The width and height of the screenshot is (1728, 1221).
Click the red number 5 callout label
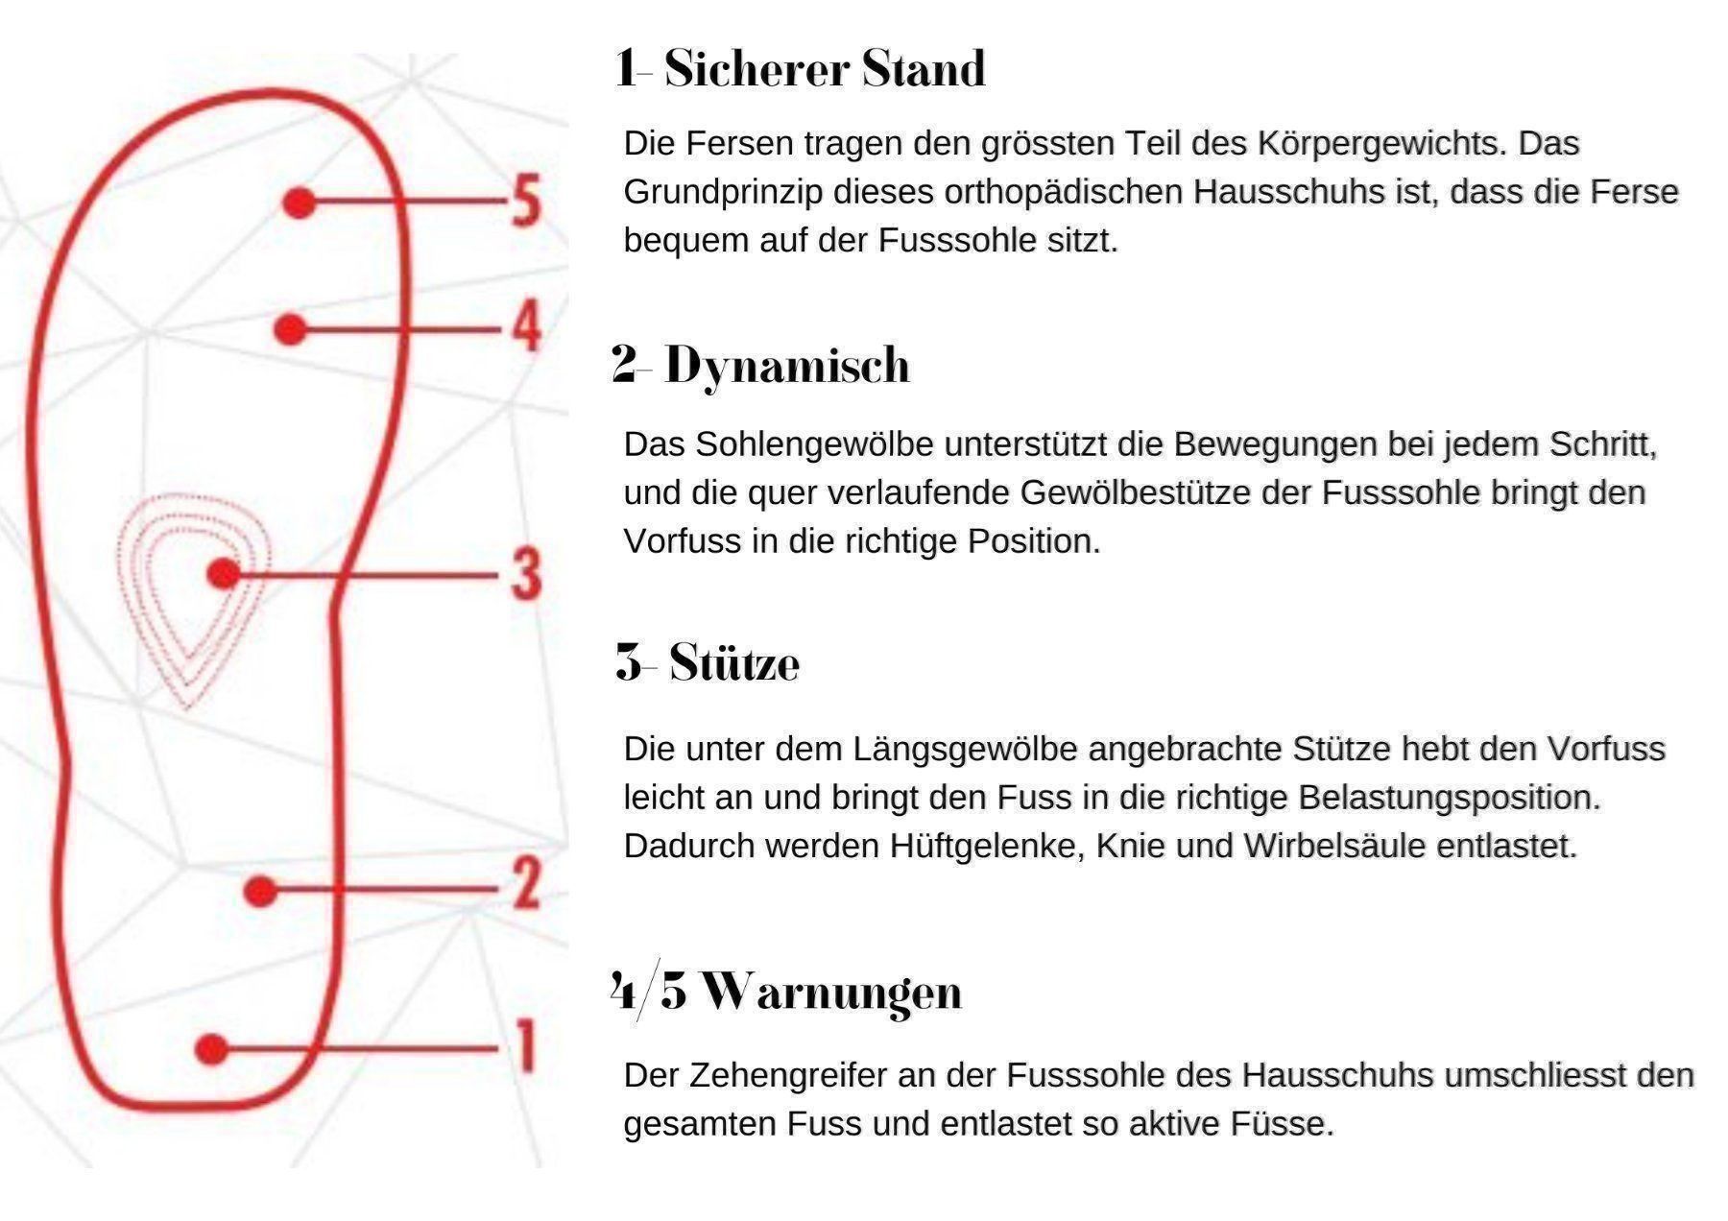tap(525, 202)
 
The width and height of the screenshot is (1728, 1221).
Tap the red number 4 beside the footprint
tap(525, 326)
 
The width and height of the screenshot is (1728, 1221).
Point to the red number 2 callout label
tap(525, 883)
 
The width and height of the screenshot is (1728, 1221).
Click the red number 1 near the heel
tap(525, 1046)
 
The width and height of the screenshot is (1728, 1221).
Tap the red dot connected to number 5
tap(300, 203)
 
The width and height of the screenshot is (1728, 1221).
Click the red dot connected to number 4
tap(290, 329)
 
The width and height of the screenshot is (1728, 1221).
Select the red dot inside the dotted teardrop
tap(224, 574)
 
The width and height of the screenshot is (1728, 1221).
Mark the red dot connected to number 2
tap(260, 892)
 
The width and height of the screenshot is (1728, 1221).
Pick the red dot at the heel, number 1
tap(211, 1049)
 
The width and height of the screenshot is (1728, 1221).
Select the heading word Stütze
tap(734, 662)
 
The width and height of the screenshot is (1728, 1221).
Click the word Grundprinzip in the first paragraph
tap(724, 193)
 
